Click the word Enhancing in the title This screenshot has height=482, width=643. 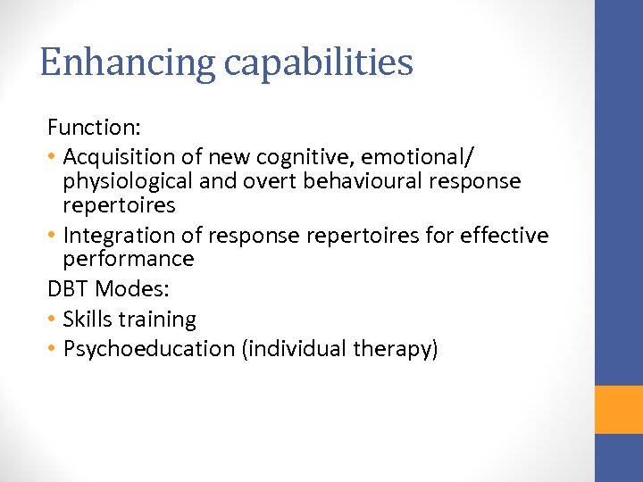coord(128,63)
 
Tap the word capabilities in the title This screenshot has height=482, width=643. coord(319,63)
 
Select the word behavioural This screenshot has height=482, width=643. coord(355,181)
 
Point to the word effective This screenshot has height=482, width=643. coord(505,236)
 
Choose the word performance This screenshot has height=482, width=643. coord(128,260)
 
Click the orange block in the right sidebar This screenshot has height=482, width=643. coord(619,409)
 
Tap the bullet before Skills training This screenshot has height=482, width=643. coord(53,320)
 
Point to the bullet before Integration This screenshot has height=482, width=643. coord(53,236)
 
